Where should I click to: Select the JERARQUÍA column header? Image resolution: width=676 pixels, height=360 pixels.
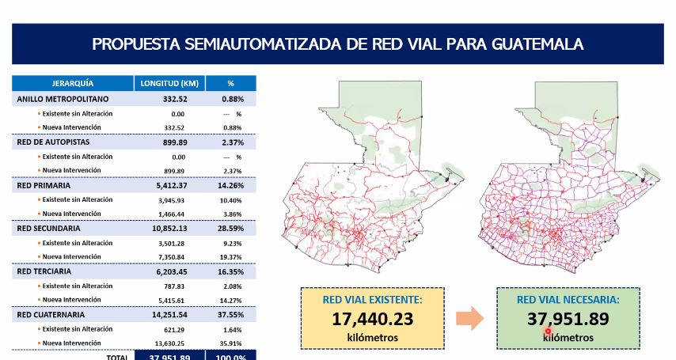point(72,83)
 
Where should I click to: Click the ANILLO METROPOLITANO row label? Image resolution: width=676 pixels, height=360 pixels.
point(63,100)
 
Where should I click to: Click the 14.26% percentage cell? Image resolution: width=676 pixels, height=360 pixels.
point(230,185)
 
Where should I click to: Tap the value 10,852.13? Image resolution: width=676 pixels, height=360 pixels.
point(170,228)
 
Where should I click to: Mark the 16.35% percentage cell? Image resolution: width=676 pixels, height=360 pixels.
point(230,271)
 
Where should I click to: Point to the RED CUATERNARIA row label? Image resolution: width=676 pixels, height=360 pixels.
point(51,314)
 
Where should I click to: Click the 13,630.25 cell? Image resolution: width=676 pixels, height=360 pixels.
point(170,343)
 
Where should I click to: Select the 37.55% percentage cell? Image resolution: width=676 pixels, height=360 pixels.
point(230,314)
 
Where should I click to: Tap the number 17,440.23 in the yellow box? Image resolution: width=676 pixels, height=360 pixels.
point(374,320)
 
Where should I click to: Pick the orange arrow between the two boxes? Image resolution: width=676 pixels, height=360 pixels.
point(470,319)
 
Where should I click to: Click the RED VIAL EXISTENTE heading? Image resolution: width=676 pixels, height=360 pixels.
point(373,300)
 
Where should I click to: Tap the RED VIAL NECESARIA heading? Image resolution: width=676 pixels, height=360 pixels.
point(568,300)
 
